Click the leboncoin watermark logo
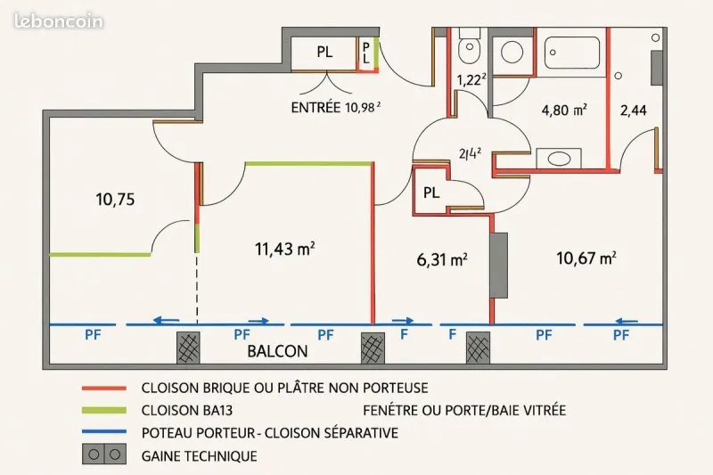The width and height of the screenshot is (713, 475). click(x=59, y=21)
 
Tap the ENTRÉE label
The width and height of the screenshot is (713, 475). click(x=316, y=108)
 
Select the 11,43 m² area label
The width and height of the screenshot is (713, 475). click(x=285, y=249)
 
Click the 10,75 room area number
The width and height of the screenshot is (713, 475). click(x=116, y=199)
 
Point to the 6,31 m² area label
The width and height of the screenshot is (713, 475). click(x=442, y=259)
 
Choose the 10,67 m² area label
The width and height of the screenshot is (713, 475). click(x=586, y=258)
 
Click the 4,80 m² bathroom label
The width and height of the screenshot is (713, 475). click(x=564, y=110)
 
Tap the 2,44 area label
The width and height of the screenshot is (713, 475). click(x=634, y=110)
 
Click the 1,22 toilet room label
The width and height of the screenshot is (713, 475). click(x=471, y=80)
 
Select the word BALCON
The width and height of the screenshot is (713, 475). click(x=277, y=351)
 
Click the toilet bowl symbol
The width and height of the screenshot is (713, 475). click(x=470, y=46)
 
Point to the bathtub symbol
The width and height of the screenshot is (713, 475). click(x=572, y=53)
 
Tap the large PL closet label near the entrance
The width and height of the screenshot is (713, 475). click(x=324, y=52)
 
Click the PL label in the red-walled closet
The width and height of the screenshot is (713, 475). click(x=431, y=192)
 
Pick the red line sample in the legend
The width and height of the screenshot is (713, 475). click(x=104, y=389)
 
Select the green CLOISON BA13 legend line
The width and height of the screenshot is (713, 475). click(x=104, y=411)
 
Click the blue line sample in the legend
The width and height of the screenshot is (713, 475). click(x=104, y=432)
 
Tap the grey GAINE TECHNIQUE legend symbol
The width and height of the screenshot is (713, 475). click(x=104, y=455)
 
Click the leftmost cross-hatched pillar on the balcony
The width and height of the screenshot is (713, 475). click(x=188, y=348)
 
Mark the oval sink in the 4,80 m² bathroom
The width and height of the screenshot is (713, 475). click(x=559, y=159)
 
